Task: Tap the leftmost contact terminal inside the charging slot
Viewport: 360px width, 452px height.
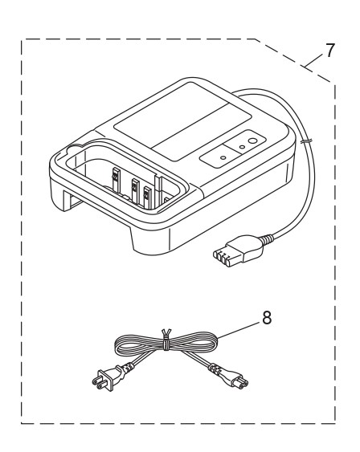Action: pyautogui.click(x=115, y=178)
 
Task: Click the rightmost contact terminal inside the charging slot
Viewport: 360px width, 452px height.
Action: pyautogui.click(x=148, y=195)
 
